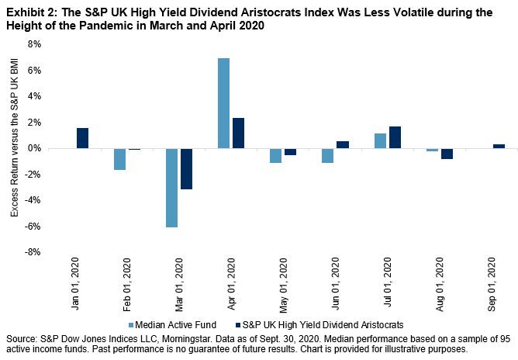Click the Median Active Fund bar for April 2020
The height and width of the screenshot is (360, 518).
pos(223,103)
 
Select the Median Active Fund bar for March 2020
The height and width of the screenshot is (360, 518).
pos(171,188)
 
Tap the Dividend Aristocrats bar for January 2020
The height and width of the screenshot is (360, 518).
pos(83,138)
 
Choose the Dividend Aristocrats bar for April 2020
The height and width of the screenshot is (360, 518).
pos(238,133)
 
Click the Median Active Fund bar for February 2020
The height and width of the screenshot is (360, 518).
pos(119,159)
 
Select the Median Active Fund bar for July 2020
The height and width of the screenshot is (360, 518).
pos(379,140)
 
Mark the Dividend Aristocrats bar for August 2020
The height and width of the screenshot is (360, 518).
pos(446,154)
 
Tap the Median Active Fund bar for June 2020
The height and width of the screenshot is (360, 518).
pos(327,155)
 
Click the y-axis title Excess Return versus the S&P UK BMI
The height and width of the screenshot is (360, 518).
pos(14,148)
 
